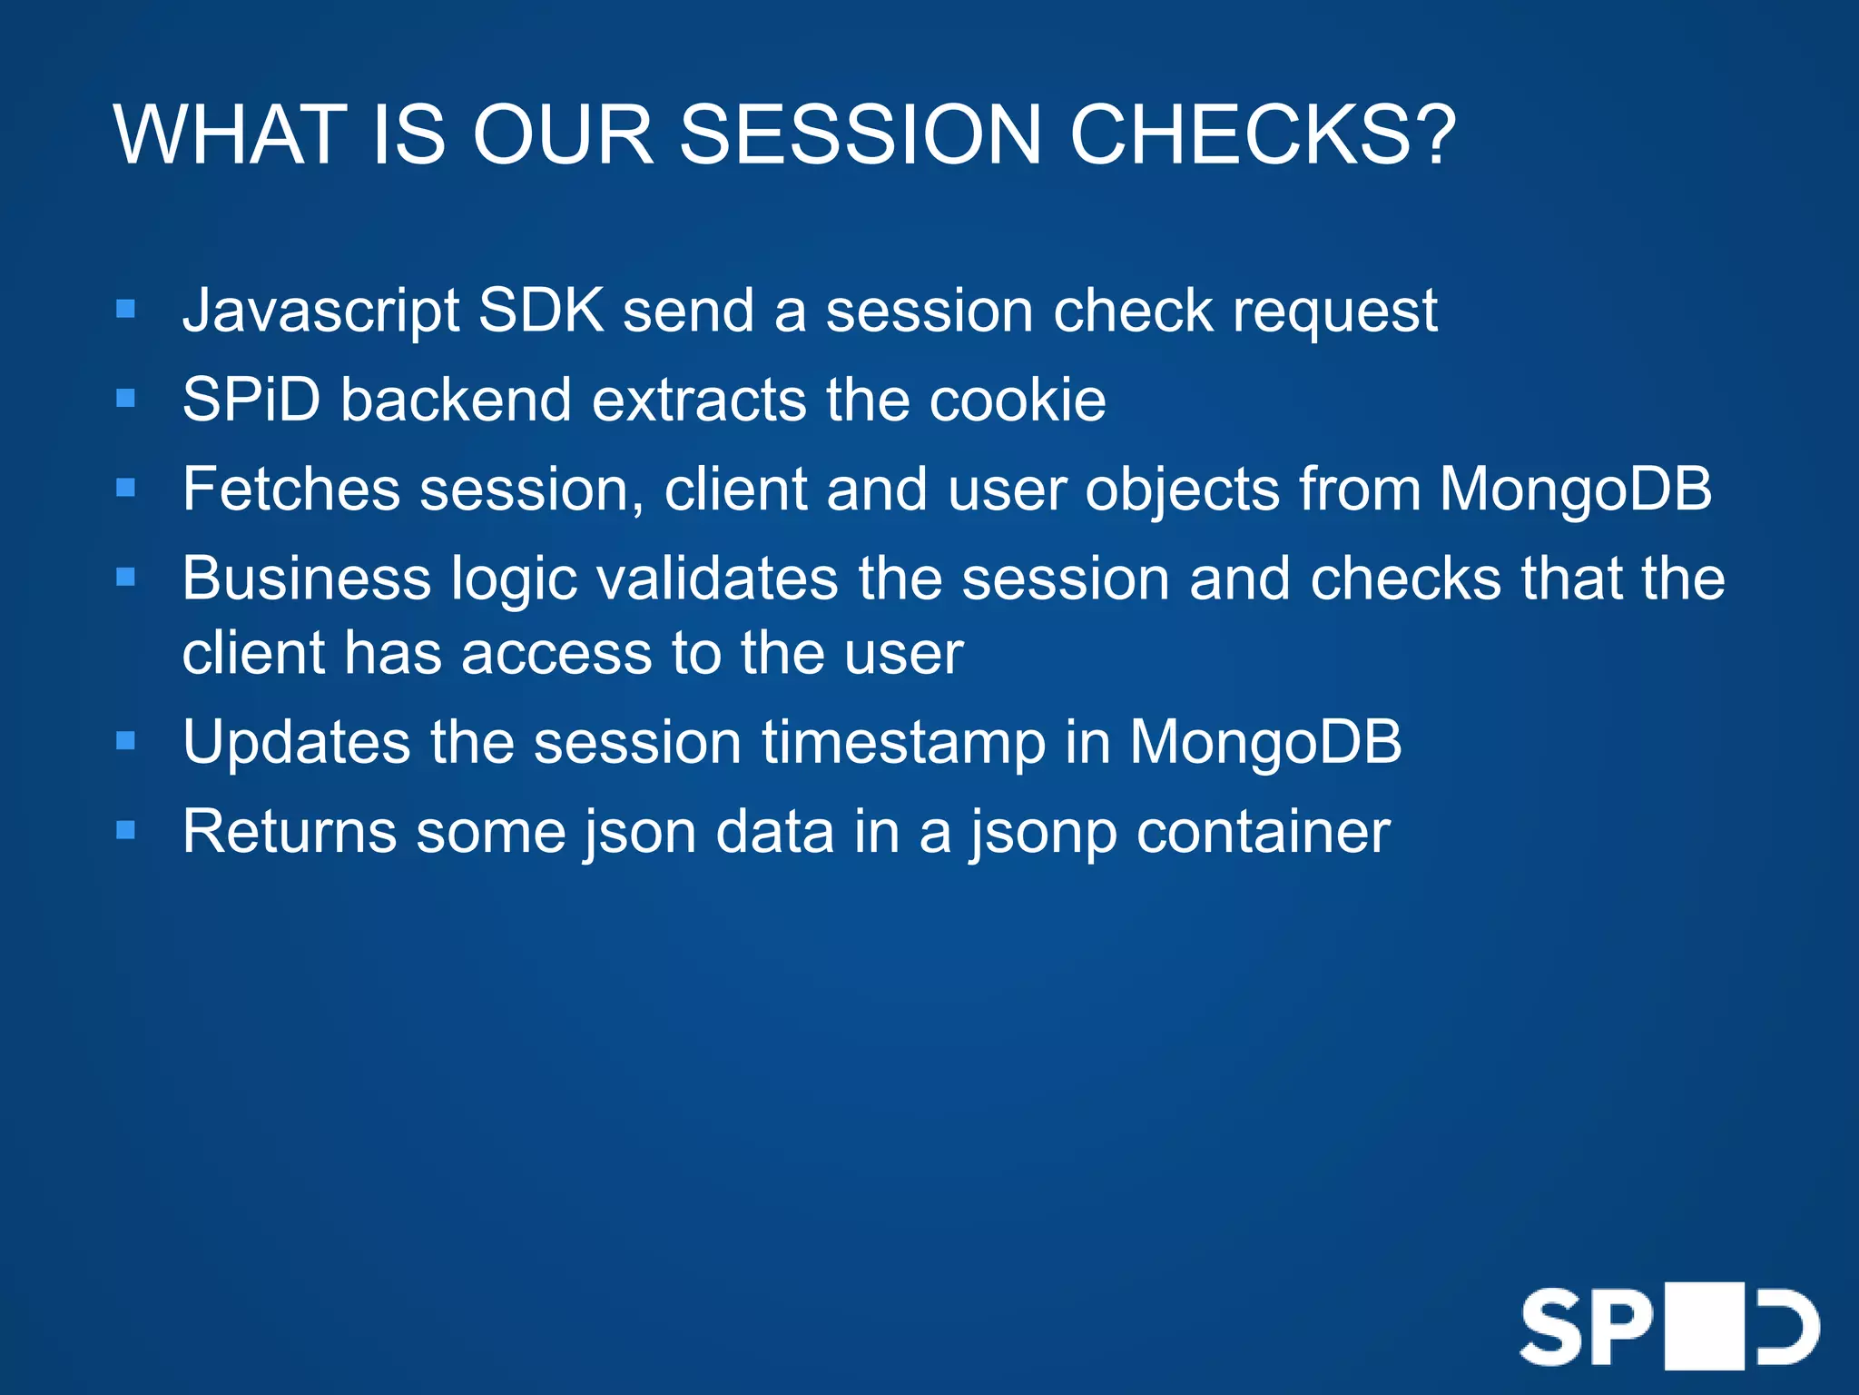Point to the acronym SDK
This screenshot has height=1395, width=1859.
541,311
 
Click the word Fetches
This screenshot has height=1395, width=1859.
291,489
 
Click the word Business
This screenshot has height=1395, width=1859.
307,579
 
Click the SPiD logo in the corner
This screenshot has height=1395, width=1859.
1669,1327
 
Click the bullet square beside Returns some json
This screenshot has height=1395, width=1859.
126,830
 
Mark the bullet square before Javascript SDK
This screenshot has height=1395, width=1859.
126,310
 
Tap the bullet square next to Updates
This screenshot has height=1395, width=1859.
126,741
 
